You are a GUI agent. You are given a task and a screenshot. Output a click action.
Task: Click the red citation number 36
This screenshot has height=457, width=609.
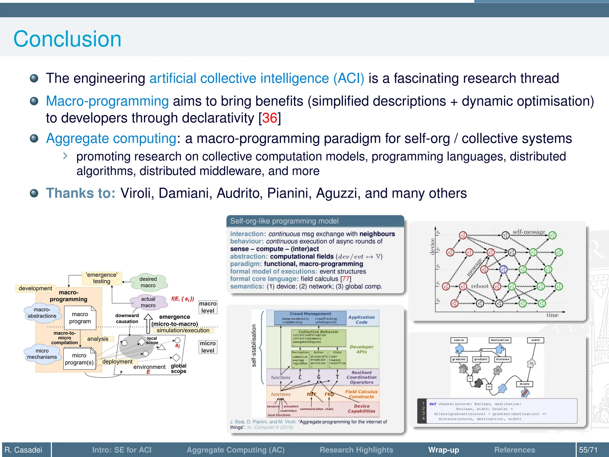point(270,118)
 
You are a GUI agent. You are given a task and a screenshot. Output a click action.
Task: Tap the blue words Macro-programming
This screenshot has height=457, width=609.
point(107,101)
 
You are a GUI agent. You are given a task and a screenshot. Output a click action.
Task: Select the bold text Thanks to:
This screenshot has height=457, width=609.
point(81,193)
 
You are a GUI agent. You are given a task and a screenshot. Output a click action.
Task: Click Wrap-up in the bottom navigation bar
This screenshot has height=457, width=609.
point(443,450)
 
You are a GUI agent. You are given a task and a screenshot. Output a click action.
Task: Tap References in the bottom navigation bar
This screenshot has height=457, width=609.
point(514,450)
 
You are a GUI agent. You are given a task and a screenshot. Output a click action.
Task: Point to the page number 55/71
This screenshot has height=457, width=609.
point(588,450)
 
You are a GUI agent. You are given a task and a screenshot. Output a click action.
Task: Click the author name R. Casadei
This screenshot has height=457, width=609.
point(23,450)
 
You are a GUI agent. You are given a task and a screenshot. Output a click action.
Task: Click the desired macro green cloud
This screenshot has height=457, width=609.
point(148,282)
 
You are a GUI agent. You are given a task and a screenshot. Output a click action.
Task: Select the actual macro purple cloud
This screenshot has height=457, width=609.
point(148,302)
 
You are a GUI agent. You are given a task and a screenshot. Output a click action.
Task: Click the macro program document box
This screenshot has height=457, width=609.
point(80,318)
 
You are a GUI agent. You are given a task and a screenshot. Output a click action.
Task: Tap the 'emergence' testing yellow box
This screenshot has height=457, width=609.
point(102,278)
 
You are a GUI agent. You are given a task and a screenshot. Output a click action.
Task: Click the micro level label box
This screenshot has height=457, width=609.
point(208,347)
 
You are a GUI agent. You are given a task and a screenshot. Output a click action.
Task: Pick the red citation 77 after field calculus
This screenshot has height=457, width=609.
point(346,279)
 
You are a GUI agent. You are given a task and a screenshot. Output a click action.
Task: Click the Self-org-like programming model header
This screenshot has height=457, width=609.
point(284,221)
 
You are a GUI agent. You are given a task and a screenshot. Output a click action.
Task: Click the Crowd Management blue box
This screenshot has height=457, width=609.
point(310,318)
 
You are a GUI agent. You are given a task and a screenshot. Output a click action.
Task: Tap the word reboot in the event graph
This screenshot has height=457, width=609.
point(479,286)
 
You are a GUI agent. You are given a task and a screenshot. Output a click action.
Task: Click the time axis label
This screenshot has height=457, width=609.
point(552,315)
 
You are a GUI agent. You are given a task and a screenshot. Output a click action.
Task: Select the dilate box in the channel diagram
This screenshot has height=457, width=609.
point(525,384)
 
